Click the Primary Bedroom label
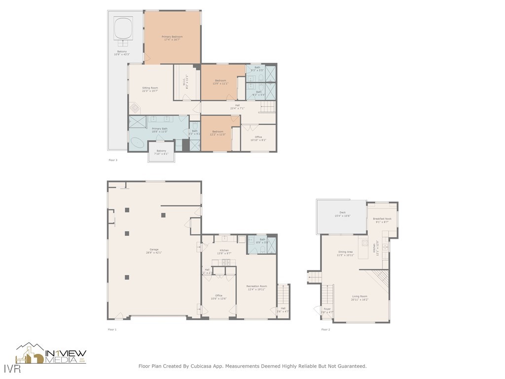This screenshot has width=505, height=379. [x=172, y=38]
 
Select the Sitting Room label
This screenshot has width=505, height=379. [x=150, y=89]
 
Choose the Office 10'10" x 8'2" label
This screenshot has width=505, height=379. [x=258, y=139]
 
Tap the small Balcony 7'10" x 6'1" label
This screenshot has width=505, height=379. [x=161, y=152]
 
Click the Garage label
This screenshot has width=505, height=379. [x=154, y=251]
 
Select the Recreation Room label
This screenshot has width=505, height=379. [x=257, y=288]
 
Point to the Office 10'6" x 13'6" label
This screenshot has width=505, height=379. [x=218, y=297]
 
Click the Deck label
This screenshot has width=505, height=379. [x=342, y=214]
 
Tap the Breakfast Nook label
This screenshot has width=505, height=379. [x=382, y=221]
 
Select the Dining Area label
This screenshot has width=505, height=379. [x=345, y=254]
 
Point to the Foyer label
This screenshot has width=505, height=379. [x=327, y=310]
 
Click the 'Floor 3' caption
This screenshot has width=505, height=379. [x=113, y=160]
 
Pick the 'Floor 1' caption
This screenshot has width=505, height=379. [x=112, y=329]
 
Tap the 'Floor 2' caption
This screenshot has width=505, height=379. [x=325, y=329]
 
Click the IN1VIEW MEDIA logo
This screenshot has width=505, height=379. [x=51, y=354]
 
